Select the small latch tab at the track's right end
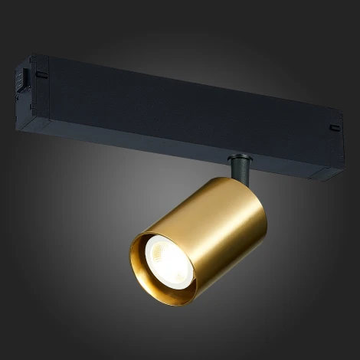[x=335, y=126]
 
